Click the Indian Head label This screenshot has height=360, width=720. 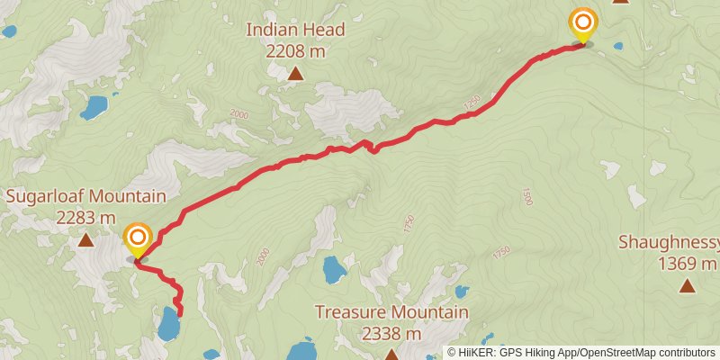(x=296, y=31)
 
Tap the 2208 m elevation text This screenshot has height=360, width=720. (x=296, y=51)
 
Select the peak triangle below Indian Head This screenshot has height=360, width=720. (x=296, y=74)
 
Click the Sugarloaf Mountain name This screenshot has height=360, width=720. (x=86, y=196)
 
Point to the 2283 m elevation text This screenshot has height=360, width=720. (x=86, y=217)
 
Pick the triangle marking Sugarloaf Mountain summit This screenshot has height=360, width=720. (x=86, y=240)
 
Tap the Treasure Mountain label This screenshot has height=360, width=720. (x=391, y=312)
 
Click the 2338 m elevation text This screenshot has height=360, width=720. (x=391, y=333)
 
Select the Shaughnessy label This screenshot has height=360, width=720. (x=670, y=242)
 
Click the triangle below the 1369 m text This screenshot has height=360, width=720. (x=687, y=286)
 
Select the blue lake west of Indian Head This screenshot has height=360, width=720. (x=94, y=108)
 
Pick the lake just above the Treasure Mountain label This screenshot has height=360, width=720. (x=334, y=268)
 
